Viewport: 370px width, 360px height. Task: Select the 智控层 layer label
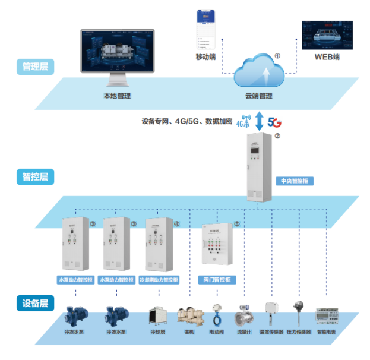(x=35, y=176)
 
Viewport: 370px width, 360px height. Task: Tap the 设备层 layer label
(x=35, y=303)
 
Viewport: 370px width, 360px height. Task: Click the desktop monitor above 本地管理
(x=118, y=55)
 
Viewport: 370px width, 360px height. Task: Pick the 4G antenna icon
(x=244, y=121)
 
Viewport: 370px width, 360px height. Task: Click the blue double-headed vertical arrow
(x=260, y=121)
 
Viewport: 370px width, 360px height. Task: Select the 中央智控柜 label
(x=296, y=180)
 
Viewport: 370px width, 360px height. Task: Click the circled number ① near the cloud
(x=277, y=54)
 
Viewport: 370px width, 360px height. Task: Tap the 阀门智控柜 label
(x=216, y=279)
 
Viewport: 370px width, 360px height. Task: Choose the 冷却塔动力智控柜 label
(x=157, y=279)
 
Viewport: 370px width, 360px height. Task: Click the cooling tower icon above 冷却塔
(x=157, y=317)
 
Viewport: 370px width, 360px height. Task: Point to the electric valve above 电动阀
(x=216, y=313)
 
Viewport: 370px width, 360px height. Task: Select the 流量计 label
(x=244, y=333)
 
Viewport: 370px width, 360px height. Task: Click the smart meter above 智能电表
(x=326, y=315)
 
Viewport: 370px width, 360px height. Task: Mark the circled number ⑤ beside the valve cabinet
(x=236, y=225)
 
